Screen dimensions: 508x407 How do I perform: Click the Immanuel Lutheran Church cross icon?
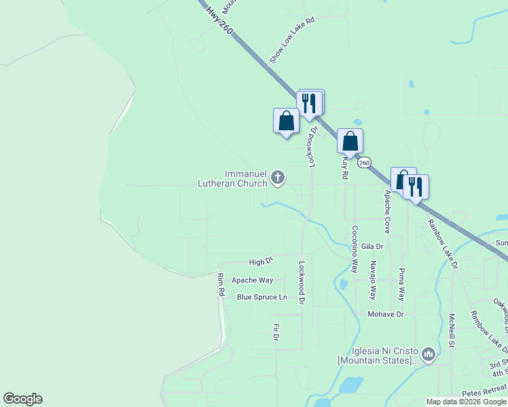click(277, 178)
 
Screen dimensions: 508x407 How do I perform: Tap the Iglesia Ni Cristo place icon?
click(429, 354)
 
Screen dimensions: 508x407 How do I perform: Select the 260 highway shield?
click(364, 163)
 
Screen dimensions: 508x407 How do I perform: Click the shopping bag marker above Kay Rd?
click(350, 141)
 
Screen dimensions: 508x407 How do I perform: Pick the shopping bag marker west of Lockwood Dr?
click(286, 121)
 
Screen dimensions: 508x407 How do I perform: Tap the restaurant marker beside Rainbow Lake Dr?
click(416, 187)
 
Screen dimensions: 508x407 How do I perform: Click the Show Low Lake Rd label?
click(293, 41)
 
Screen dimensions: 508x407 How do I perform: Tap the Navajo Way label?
click(372, 281)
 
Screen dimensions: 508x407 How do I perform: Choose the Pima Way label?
click(401, 285)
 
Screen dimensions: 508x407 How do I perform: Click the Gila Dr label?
click(373, 246)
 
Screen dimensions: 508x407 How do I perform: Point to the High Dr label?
click(261, 261)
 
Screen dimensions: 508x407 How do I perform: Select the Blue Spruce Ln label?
click(261, 297)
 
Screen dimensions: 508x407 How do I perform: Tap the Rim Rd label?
click(221, 285)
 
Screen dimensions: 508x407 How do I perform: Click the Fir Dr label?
click(276, 332)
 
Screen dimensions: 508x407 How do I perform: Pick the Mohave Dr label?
click(386, 314)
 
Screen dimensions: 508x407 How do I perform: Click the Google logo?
click(23, 399)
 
